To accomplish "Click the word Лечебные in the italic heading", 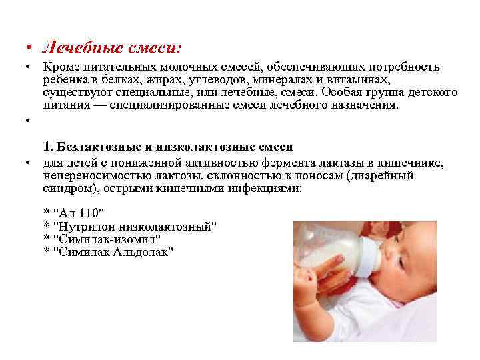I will (71, 48).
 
